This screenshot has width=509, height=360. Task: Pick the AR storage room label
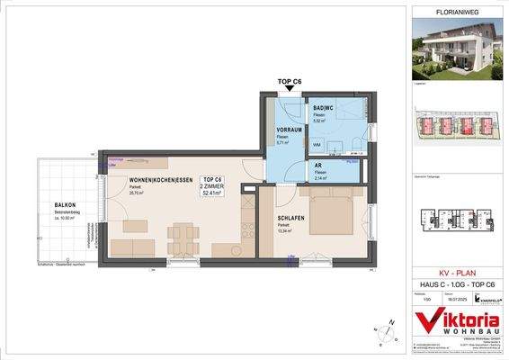[x=317, y=166]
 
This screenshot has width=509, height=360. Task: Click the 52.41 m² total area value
[x=213, y=193]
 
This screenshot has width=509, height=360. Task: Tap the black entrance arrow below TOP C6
[x=288, y=89]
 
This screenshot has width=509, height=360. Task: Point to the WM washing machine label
[x=317, y=144]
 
